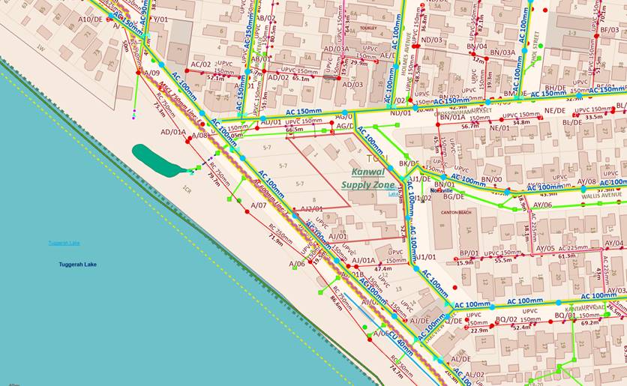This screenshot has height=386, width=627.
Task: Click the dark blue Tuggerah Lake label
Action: (77, 265)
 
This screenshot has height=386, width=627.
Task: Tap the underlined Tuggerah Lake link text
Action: (64, 243)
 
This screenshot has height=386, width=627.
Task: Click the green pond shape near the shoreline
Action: (156, 157)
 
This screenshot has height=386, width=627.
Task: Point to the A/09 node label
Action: (151, 73)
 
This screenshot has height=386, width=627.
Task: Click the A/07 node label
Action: (259, 205)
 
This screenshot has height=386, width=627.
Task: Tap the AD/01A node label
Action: (173, 132)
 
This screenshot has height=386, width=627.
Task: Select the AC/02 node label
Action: (201, 64)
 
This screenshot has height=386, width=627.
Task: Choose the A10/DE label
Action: (90, 19)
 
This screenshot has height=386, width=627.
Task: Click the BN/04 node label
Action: (476, 46)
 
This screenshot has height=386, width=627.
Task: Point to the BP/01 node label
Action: (469, 253)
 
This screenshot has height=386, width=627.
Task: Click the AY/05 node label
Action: (545, 248)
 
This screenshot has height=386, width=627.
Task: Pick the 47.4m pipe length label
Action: (383, 268)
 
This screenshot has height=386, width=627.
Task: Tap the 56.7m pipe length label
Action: (469, 126)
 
